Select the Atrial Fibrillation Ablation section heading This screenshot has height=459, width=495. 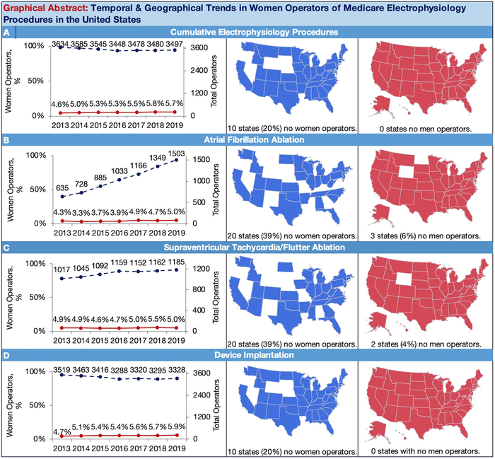(248, 139)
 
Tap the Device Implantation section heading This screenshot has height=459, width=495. (248, 355)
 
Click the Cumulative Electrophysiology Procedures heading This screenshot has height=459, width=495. (248, 32)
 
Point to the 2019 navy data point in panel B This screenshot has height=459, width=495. (175, 160)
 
